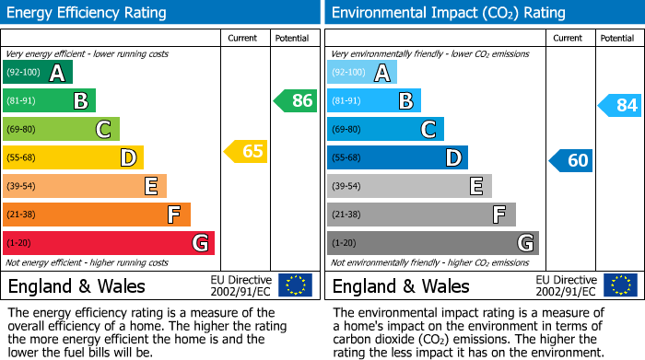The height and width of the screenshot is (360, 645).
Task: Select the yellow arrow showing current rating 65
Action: click(247, 151)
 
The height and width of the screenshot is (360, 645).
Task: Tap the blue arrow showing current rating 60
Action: click(571, 160)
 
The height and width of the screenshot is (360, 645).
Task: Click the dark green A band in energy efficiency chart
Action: click(38, 73)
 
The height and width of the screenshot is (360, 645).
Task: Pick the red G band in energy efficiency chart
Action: click(109, 243)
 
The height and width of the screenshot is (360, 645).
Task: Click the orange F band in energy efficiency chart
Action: click(97, 215)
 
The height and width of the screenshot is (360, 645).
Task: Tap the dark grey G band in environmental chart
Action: click(433, 243)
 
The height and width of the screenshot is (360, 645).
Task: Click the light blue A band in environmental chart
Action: click(362, 73)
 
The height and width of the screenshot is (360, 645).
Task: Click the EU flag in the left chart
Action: click(295, 285)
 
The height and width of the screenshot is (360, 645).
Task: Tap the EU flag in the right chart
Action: click(619, 285)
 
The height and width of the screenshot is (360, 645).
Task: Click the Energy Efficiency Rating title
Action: click(88, 13)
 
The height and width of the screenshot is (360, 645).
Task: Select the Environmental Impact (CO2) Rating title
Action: click(448, 13)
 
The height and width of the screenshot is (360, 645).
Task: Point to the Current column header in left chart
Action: click(244, 38)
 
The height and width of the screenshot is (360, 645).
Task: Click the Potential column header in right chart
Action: click(617, 38)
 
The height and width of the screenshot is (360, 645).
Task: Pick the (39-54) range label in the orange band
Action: click(20, 187)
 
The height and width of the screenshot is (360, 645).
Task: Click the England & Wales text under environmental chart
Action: click(400, 285)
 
